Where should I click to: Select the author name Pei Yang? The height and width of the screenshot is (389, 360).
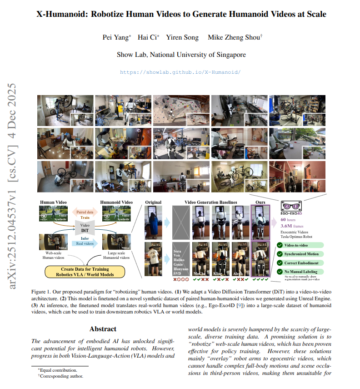click(x=116, y=37)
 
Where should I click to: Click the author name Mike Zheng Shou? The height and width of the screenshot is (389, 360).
click(x=234, y=37)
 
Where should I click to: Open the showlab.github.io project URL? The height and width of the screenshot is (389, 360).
click(x=180, y=72)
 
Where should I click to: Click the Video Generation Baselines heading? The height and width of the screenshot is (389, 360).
click(x=210, y=202)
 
